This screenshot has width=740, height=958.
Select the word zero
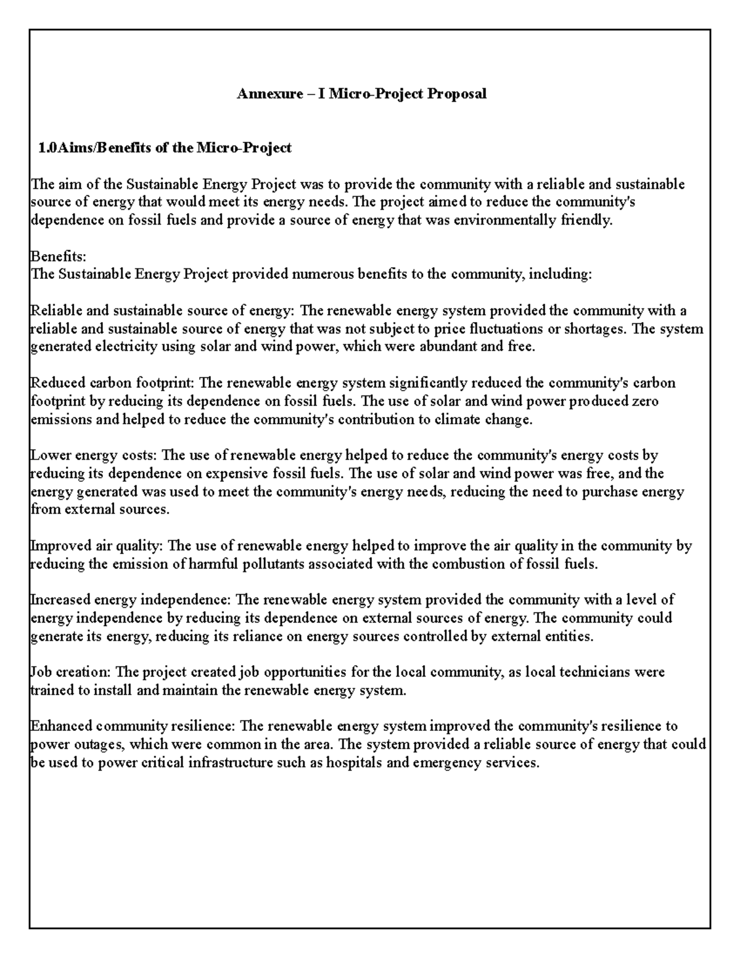(x=645, y=401)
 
